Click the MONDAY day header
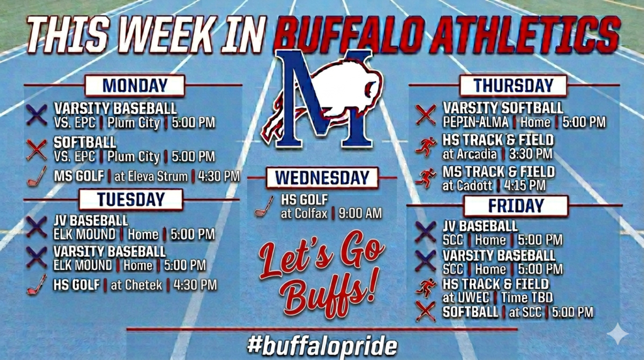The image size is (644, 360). (135, 86)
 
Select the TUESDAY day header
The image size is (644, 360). (131, 200)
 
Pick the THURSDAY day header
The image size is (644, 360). (513, 86)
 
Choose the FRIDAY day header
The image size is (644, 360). (516, 206)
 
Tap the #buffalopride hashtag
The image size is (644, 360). (322, 346)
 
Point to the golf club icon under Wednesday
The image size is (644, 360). (264, 206)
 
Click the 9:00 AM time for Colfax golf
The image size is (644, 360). (360, 214)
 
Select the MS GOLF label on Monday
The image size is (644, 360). (79, 176)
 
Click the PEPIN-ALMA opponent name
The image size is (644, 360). (475, 122)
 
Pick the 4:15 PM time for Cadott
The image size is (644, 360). (525, 186)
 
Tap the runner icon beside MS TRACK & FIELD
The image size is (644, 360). (426, 178)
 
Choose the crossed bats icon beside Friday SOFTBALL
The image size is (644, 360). (426, 311)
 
